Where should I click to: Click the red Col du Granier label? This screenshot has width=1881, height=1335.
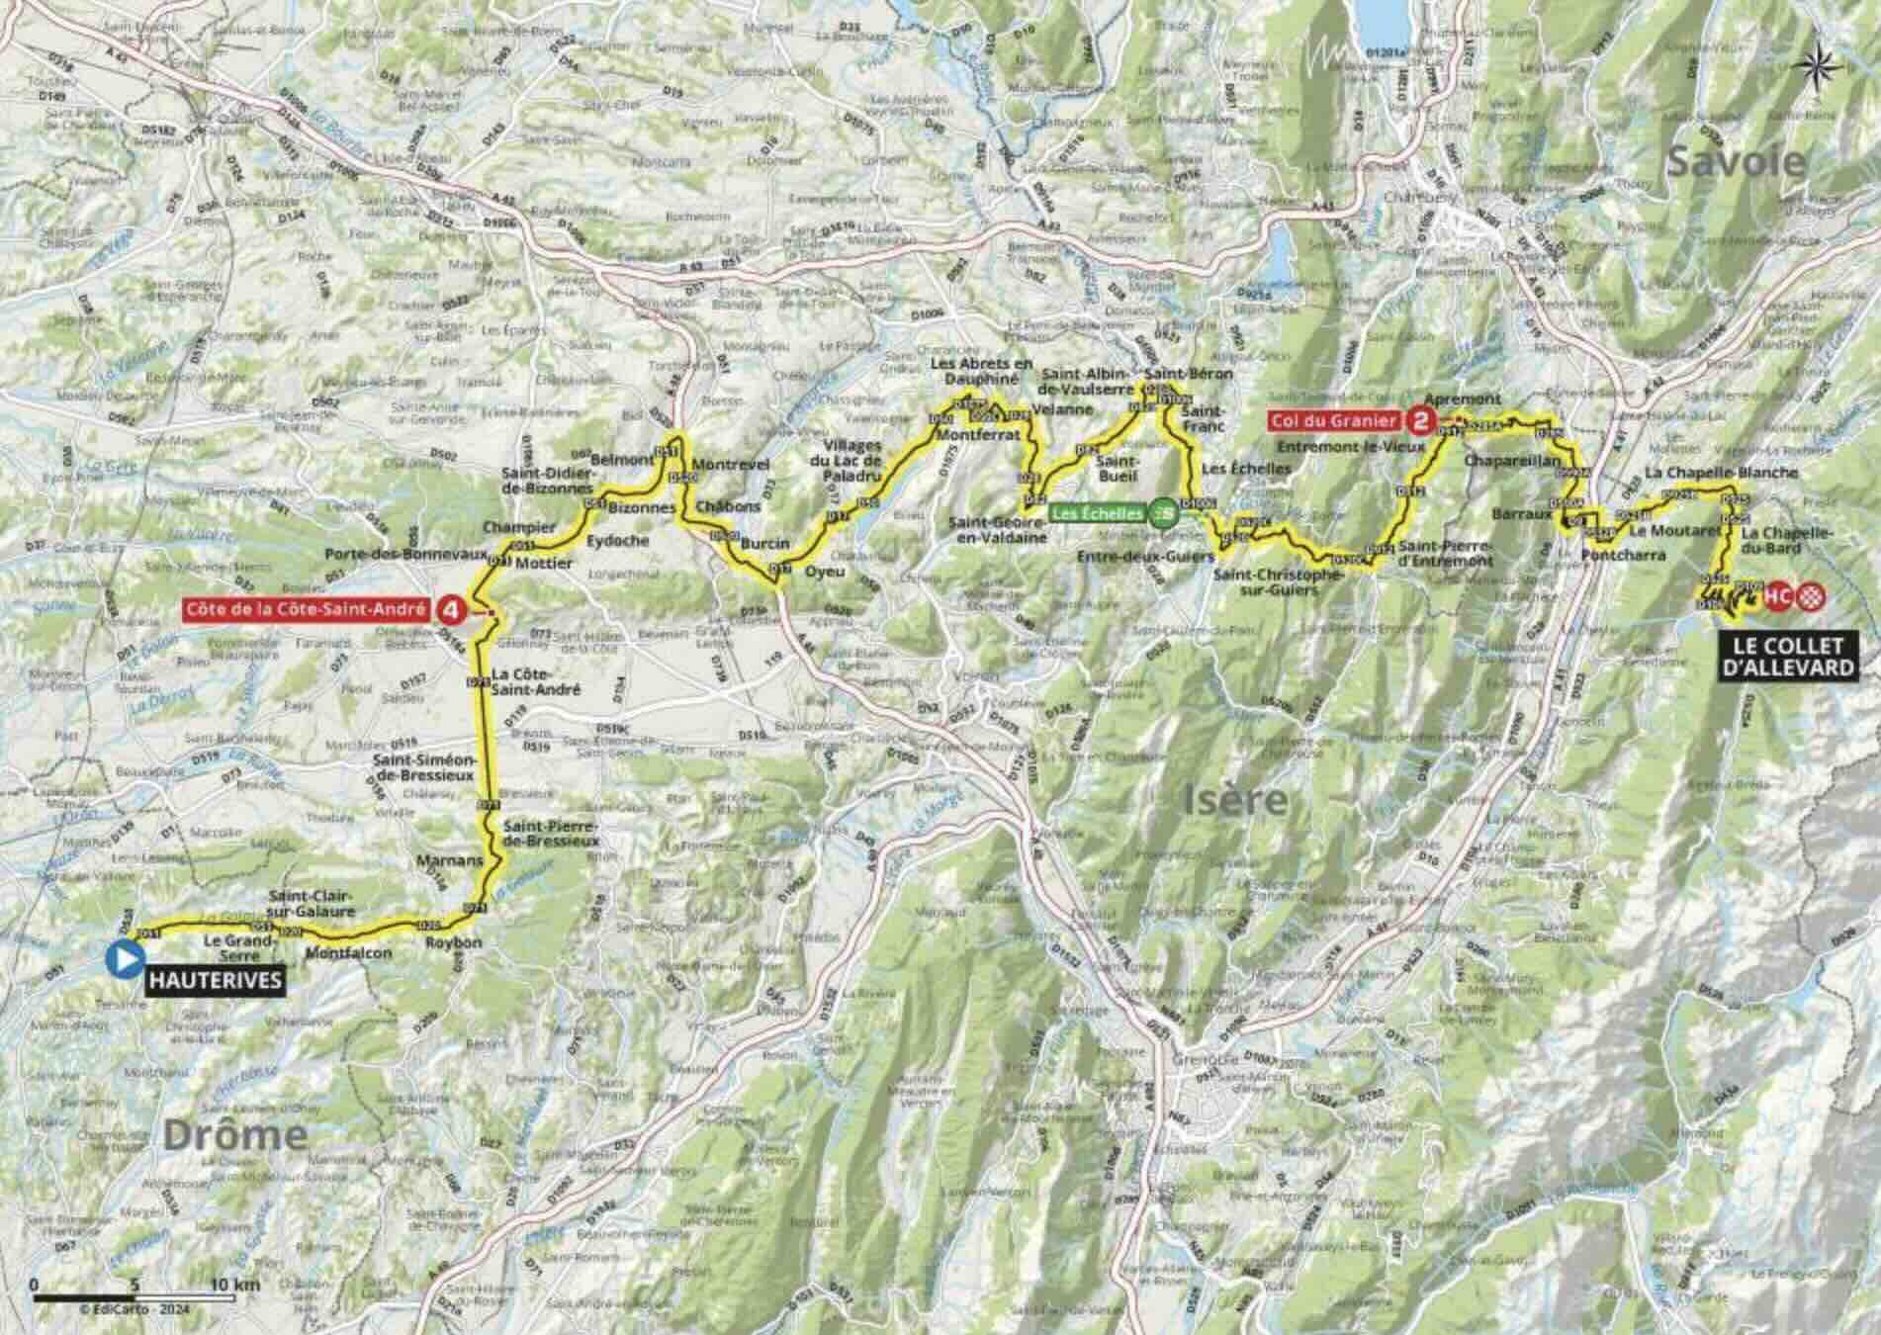coord(1334,421)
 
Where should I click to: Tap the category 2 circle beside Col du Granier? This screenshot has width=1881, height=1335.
coord(1421,421)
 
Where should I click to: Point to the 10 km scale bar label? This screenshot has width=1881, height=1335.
coord(235,1285)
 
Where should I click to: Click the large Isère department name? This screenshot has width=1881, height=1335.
coord(1235,799)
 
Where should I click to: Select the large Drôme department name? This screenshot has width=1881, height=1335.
coord(234,1135)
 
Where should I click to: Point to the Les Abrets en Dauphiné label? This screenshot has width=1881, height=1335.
coord(983,371)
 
